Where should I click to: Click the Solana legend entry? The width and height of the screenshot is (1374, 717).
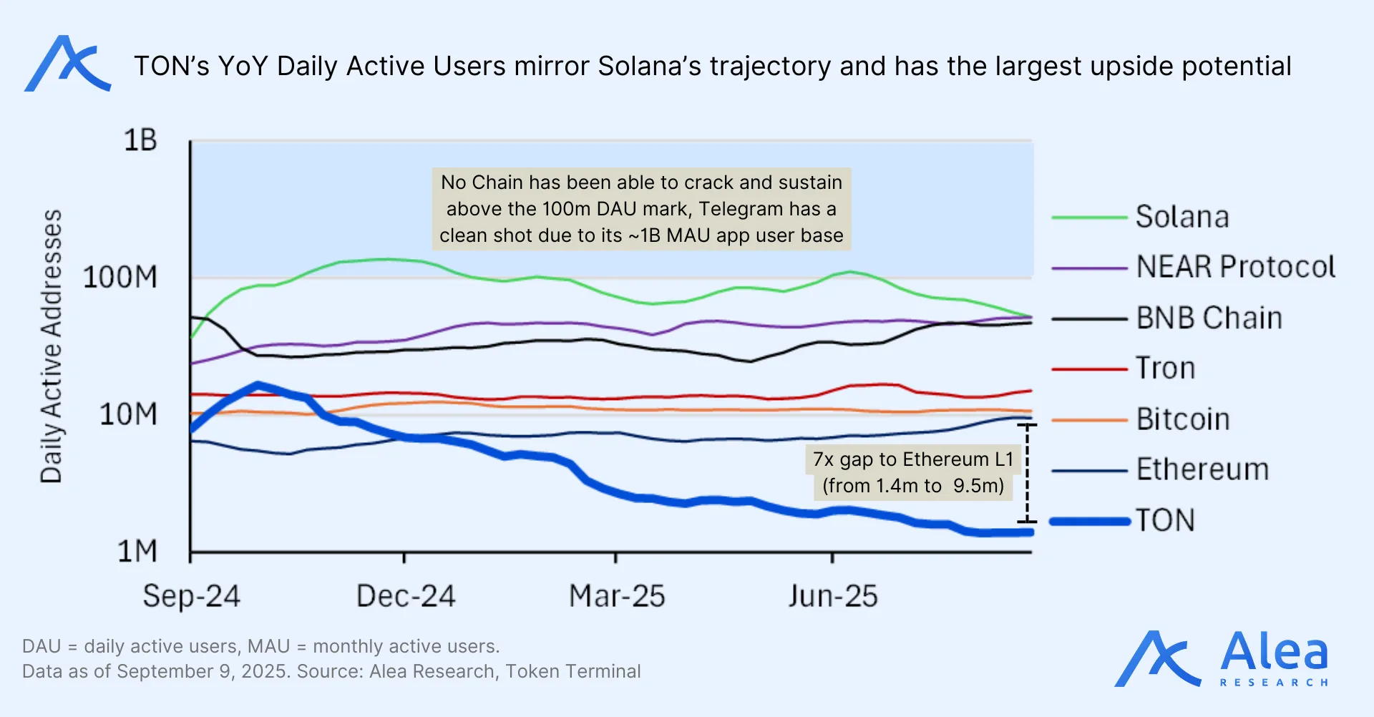(1182, 217)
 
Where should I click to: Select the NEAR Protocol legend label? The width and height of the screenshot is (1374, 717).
(1235, 267)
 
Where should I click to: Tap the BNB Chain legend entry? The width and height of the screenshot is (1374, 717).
(1209, 318)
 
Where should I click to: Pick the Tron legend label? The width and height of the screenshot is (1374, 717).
(1166, 369)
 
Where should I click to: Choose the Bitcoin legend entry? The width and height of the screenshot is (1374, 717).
(1183, 419)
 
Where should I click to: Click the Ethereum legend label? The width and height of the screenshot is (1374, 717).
(1202, 469)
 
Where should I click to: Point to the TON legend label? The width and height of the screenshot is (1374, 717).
(1165, 520)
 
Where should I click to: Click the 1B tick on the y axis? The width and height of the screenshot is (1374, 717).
(140, 140)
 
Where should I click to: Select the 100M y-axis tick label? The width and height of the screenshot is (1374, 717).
(120, 278)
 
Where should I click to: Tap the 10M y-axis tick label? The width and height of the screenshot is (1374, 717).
(128, 414)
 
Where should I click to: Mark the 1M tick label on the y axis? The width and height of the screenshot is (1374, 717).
(137, 552)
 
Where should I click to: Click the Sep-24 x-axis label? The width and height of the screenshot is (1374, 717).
(191, 596)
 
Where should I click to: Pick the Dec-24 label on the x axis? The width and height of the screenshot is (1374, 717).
(406, 596)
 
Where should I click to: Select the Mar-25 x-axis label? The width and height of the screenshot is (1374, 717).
(617, 596)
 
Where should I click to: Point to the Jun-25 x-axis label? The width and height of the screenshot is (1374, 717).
(833, 596)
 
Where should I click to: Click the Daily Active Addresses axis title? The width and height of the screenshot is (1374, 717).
(52, 346)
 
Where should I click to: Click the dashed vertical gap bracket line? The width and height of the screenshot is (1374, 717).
(1027, 472)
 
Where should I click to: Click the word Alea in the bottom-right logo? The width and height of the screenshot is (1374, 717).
(1274, 653)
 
